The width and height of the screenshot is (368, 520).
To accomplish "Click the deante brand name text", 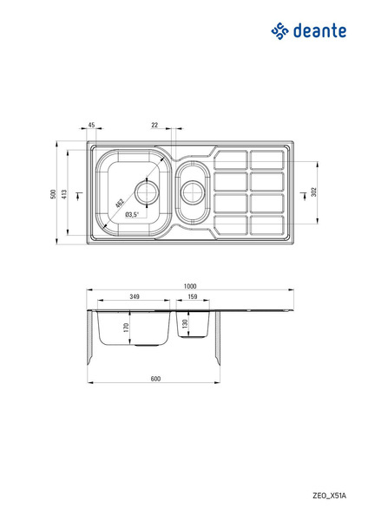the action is (319, 31).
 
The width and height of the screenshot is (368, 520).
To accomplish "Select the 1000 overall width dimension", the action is (190, 286).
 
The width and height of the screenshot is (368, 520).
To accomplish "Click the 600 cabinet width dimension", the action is (155, 379).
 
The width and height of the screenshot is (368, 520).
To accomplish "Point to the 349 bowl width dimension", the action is (135, 296).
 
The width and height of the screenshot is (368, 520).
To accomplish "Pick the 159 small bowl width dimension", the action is (193, 296).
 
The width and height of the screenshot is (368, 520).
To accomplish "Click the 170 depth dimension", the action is (126, 328).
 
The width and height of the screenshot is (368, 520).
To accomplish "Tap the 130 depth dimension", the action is (186, 323).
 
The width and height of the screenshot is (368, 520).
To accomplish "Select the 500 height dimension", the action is (53, 193).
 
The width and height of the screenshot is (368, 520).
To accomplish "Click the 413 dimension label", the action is (64, 193).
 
